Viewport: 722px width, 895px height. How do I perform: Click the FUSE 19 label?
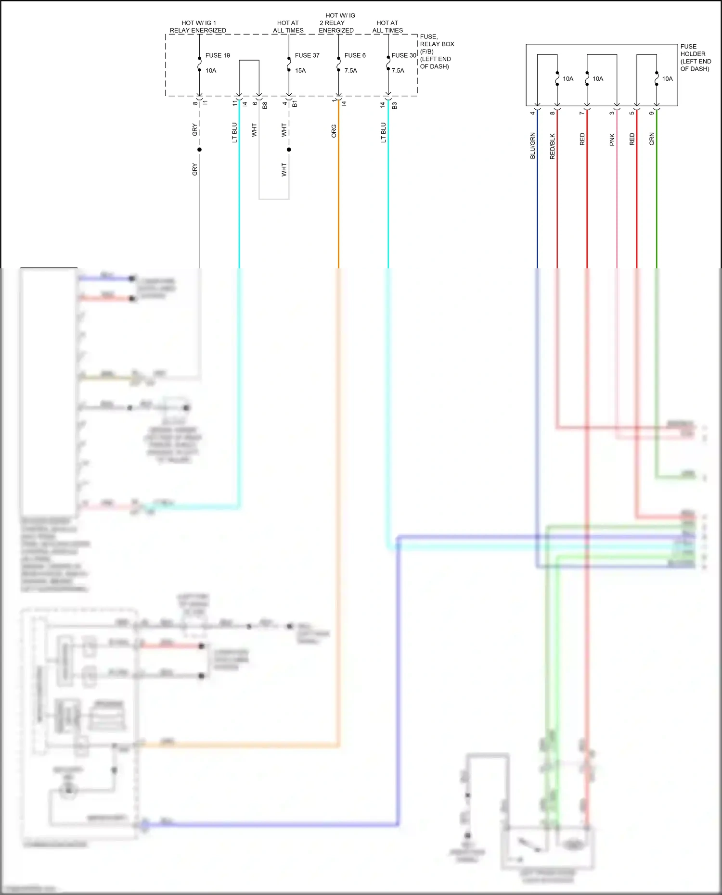pos(218,55)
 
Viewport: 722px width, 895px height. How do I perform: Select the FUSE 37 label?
pos(307,55)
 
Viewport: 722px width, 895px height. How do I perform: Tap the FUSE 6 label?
pos(355,55)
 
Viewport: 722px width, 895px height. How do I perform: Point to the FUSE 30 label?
pos(404,55)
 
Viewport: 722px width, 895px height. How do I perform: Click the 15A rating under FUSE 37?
pos(300,71)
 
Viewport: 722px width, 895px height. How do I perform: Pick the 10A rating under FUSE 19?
pos(211,71)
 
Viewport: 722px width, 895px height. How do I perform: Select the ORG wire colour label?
pos(334,131)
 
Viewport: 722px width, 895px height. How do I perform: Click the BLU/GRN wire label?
pos(533,146)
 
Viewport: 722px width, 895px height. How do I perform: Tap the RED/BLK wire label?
pos(553,146)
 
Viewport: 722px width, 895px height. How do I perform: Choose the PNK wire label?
pos(612,140)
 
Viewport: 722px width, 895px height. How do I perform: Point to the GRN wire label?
pos(652,139)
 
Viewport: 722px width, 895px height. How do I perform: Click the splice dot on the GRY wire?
pos(199,150)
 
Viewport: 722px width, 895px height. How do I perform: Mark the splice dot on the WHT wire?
pos(289,150)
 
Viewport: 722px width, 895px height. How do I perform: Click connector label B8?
pos(265,105)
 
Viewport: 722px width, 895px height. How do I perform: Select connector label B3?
pos(394,105)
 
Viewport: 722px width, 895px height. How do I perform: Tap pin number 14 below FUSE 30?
pos(383,104)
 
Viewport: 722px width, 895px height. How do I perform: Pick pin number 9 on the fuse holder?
pos(652,113)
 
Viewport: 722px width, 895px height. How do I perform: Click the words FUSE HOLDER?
pos(693,50)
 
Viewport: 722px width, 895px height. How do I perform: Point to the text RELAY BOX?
pos(437,44)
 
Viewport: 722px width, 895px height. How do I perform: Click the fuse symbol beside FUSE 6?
pos(338,63)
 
